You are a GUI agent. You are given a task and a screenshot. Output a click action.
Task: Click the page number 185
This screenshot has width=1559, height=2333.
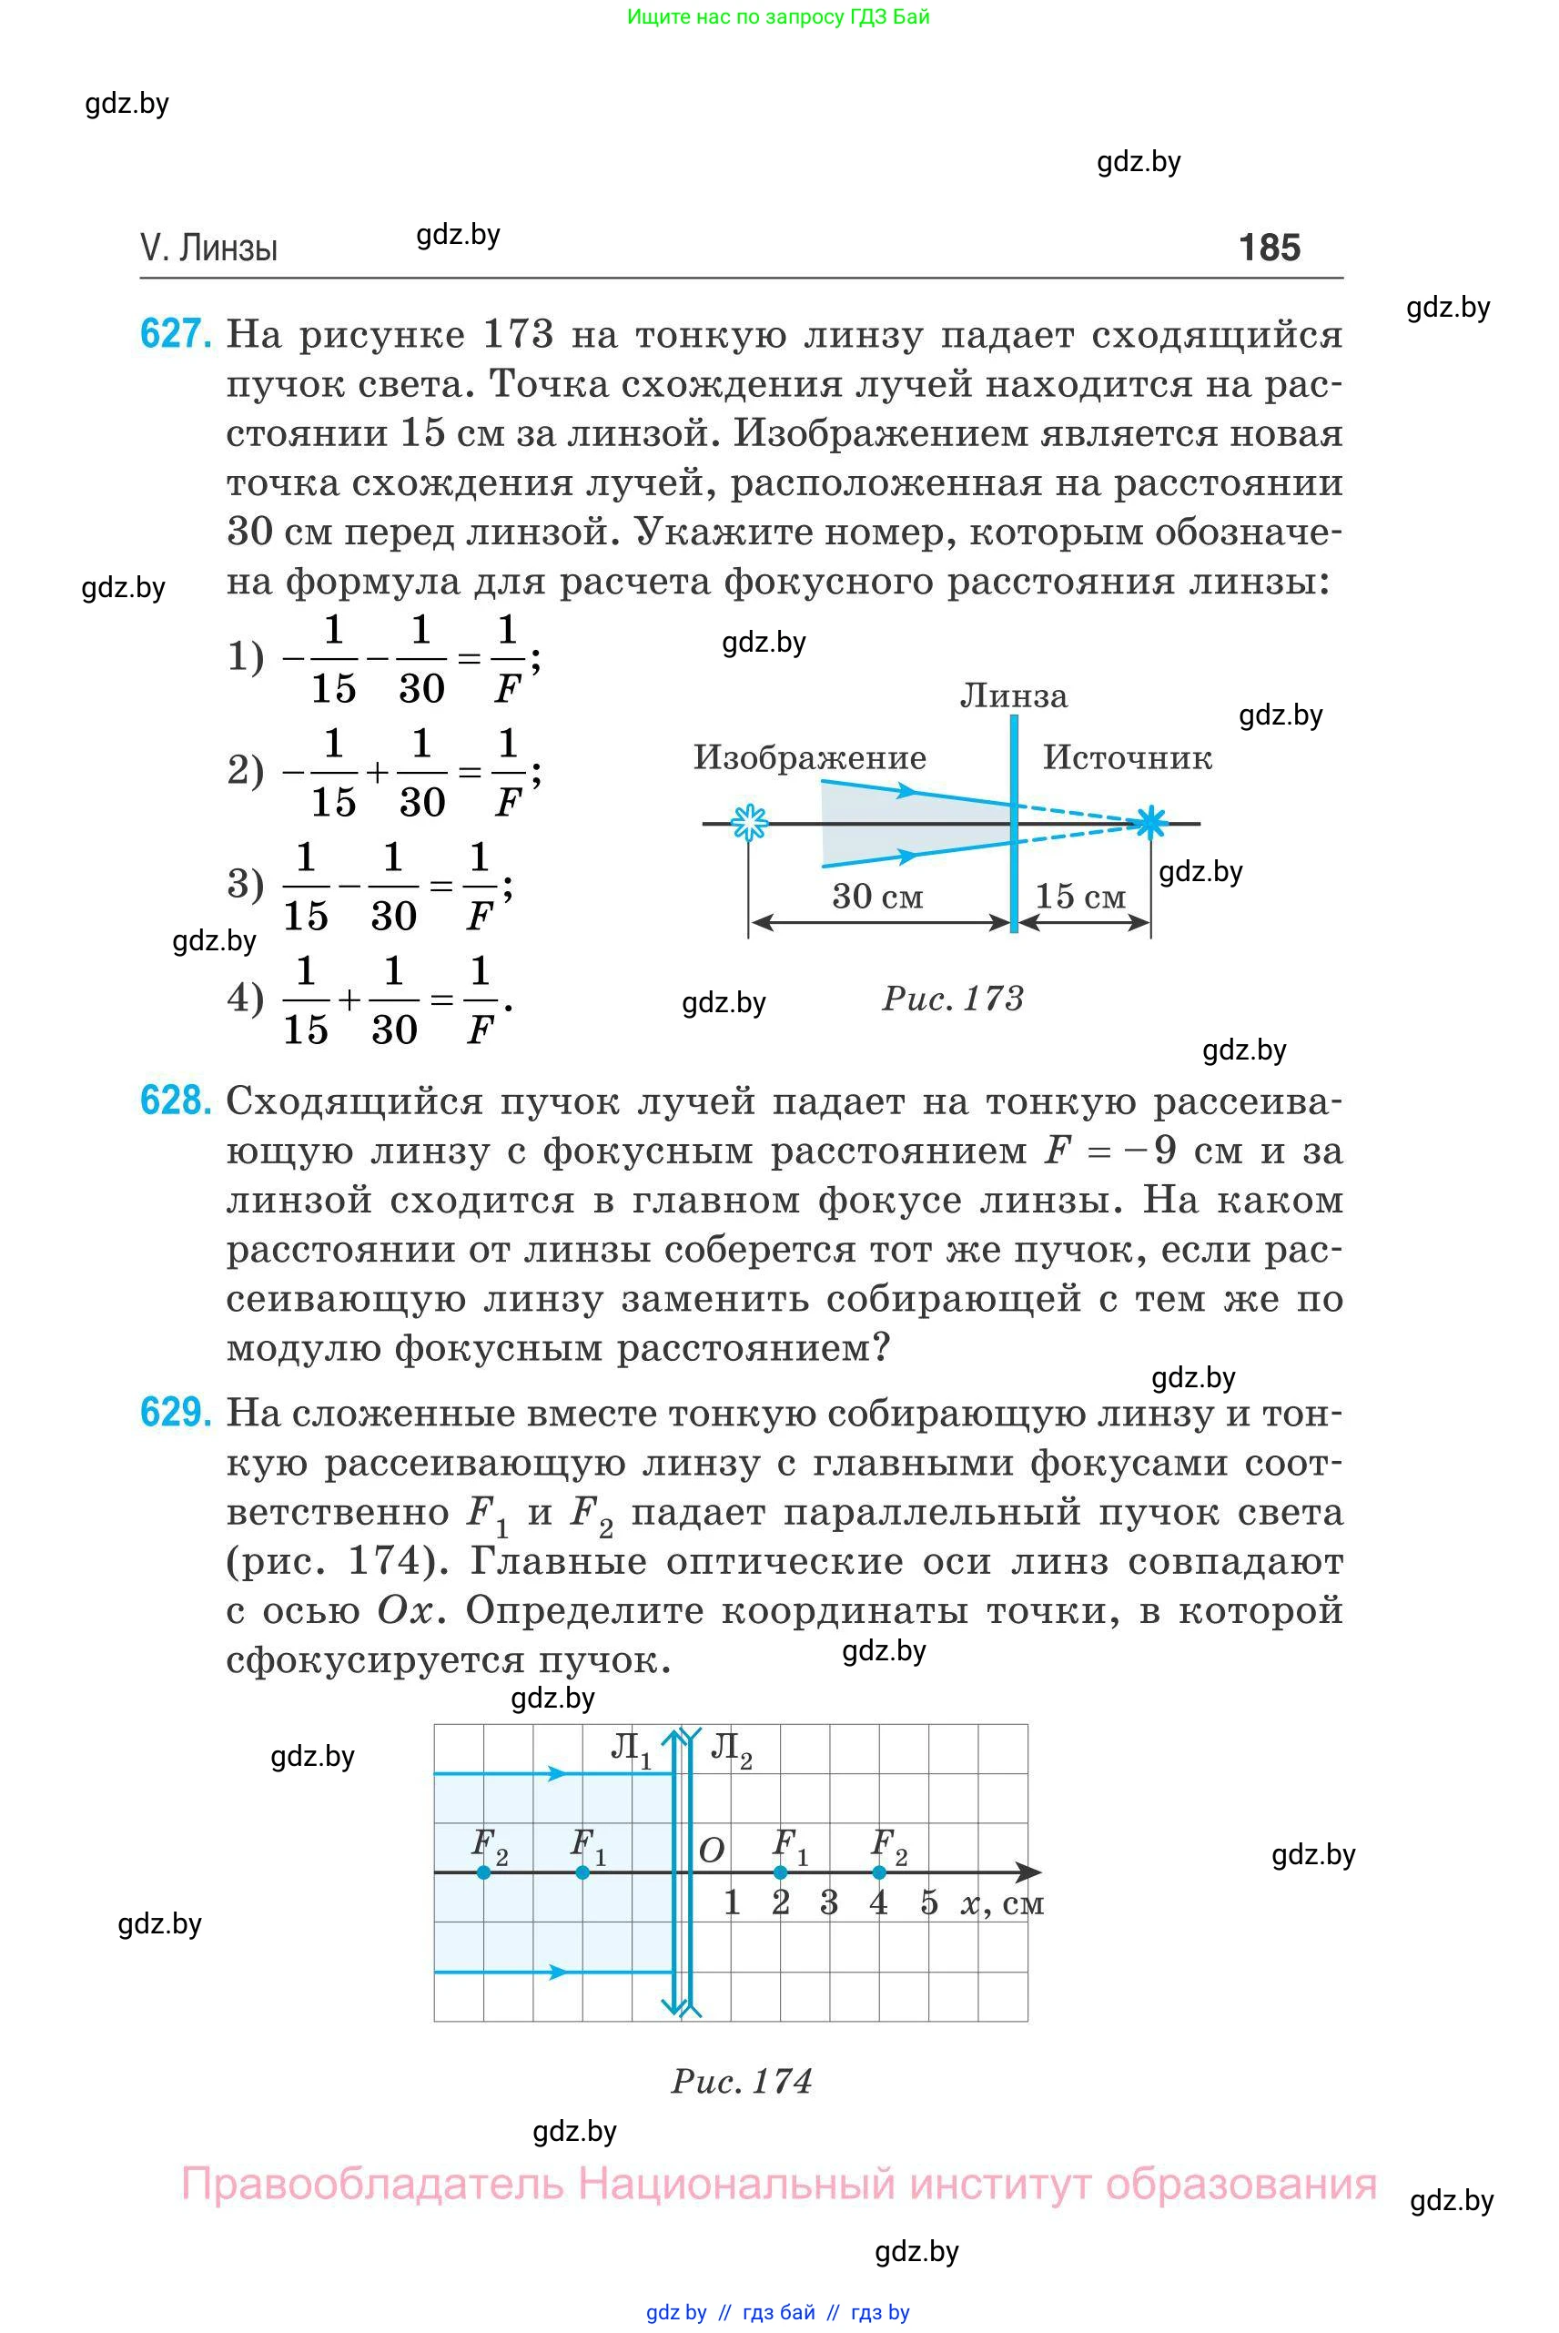point(1269,248)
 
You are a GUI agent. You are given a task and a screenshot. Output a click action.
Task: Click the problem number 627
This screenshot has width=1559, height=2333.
point(175,333)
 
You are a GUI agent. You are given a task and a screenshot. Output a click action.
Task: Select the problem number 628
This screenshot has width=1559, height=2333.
point(175,1101)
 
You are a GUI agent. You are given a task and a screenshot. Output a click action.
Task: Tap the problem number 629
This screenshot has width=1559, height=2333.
point(175,1412)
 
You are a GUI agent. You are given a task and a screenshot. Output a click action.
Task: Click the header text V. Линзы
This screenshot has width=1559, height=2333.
point(208,248)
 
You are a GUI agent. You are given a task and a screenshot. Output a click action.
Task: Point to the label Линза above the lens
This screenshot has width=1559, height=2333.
point(1013,696)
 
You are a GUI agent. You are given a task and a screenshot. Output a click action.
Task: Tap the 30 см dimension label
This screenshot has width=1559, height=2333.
point(877,896)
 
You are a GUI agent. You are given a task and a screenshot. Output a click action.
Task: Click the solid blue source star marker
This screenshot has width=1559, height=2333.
point(1150,822)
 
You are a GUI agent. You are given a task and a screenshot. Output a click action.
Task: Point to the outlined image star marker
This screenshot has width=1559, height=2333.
point(749,822)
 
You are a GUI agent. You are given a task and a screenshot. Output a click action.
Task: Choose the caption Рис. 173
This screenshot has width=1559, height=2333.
point(953,999)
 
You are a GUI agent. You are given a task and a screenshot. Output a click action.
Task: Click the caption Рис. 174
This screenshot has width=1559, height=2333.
point(742,2082)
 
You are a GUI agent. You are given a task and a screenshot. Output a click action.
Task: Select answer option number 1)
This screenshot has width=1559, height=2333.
point(246,656)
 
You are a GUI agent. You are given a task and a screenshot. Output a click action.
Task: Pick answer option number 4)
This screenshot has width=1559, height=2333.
point(246,998)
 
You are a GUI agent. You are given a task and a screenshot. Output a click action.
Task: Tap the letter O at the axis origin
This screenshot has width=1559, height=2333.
point(711,1851)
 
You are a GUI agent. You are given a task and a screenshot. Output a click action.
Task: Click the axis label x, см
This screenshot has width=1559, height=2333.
point(1002,1902)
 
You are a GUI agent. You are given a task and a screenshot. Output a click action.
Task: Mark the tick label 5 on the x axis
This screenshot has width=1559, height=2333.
point(928,1902)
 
